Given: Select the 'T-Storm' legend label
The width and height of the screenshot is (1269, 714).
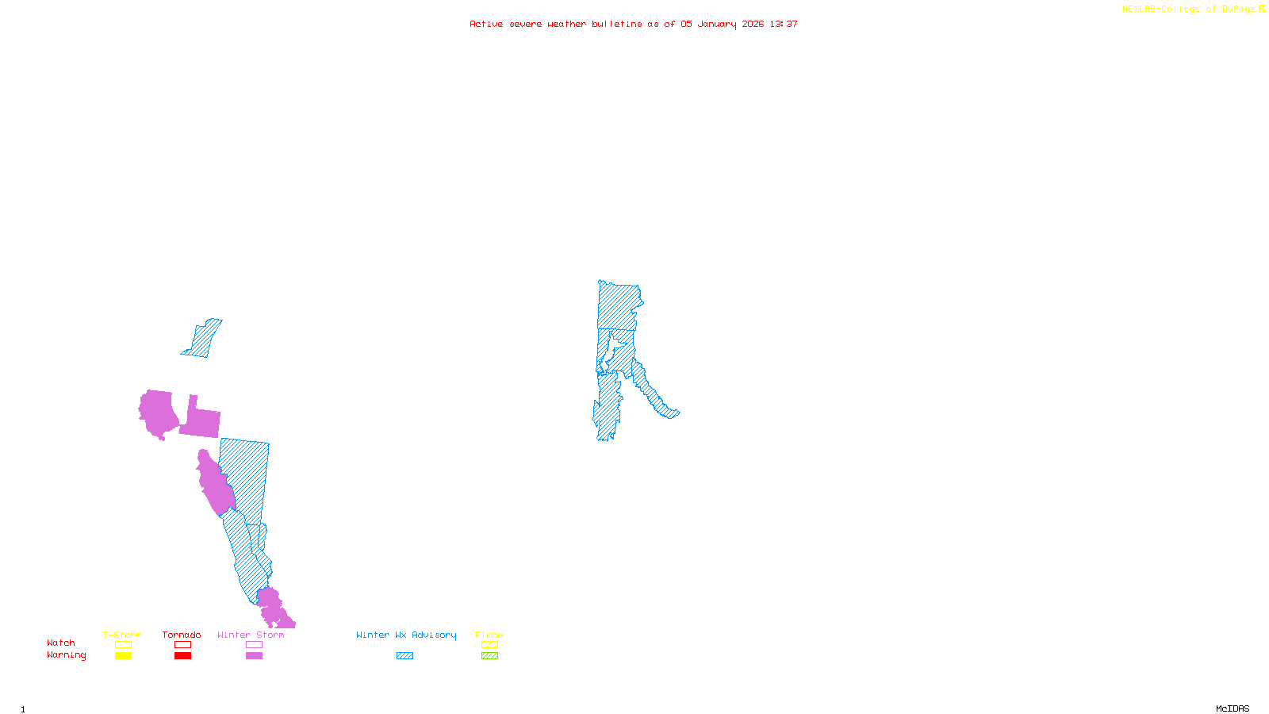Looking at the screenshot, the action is pos(122,635).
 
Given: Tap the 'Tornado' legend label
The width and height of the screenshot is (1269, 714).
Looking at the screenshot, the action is pos(182,635).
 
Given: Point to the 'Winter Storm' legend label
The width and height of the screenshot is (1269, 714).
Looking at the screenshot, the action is pos(251,635).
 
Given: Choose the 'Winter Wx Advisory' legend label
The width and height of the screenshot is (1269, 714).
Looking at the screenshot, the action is pos(406,635).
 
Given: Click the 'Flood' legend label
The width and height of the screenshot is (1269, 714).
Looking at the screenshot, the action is pos(489,635).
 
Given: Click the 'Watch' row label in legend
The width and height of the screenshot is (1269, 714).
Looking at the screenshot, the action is pos(61,643).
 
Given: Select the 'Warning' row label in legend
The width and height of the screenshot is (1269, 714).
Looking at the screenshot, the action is pos(67,655).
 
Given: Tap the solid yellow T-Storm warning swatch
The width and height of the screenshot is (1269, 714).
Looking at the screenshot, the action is pos(123,656).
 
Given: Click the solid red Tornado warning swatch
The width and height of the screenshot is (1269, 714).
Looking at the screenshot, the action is pos(182,656).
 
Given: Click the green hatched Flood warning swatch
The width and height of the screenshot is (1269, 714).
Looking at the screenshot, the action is pos(489,656).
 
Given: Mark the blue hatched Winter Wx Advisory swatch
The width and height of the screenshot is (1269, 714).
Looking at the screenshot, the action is pos(404,656).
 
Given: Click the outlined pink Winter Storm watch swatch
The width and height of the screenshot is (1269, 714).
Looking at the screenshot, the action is pos(254,645).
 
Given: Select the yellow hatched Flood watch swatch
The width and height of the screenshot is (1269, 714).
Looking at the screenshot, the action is pos(489,645).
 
